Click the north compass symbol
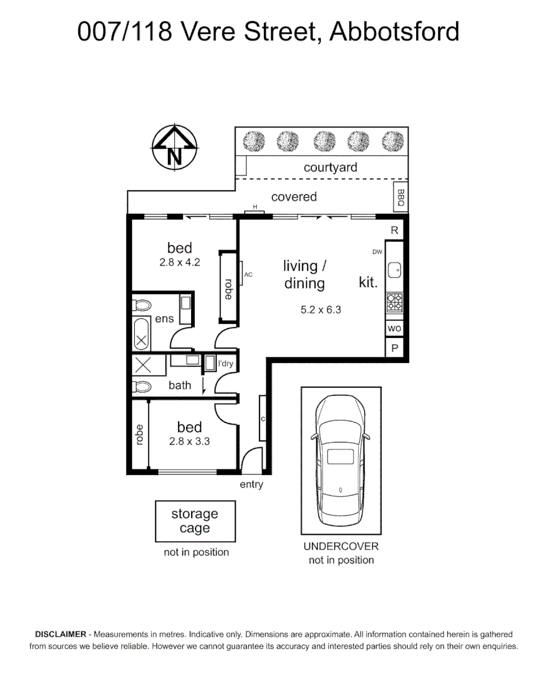[174, 147]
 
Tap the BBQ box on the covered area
[400, 197]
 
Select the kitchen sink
[394, 270]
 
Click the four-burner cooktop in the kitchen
[394, 302]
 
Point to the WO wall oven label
[394, 328]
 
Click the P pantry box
[394, 349]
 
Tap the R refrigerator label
[394, 230]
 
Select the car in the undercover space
[341, 460]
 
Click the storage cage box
[195, 521]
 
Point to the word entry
[251, 485]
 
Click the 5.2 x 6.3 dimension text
[321, 310]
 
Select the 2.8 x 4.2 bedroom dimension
[180, 262]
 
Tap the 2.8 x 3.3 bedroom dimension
[189, 441]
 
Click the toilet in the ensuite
[142, 305]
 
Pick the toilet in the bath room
[142, 386]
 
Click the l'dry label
[226, 364]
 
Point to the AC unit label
[248, 275]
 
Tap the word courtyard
[330, 167]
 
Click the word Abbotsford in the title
[394, 31]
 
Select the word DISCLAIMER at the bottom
[60, 634]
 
